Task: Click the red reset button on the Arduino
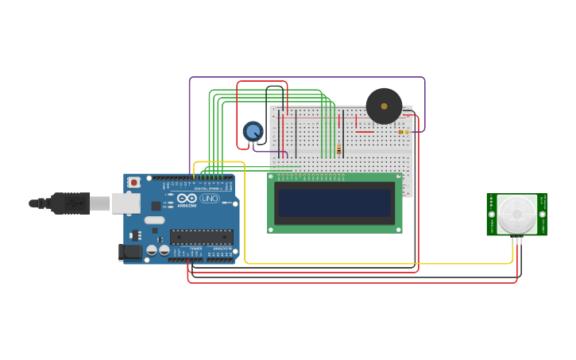[134, 182]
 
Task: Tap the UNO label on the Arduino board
[210, 198]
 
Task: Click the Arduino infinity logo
[187, 198]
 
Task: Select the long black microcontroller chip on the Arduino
[201, 237]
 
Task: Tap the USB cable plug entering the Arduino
[72, 203]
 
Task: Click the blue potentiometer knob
[253, 131]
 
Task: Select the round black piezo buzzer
[384, 106]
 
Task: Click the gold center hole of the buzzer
[385, 106]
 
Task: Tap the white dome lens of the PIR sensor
[517, 214]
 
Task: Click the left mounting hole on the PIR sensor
[492, 215]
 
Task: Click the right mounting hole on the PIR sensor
[543, 215]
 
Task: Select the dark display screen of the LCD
[334, 203]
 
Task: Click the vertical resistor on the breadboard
[339, 149]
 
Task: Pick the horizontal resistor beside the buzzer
[404, 132]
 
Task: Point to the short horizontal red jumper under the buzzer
[364, 132]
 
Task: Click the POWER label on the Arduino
[196, 248]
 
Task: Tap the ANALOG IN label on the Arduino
[220, 248]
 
